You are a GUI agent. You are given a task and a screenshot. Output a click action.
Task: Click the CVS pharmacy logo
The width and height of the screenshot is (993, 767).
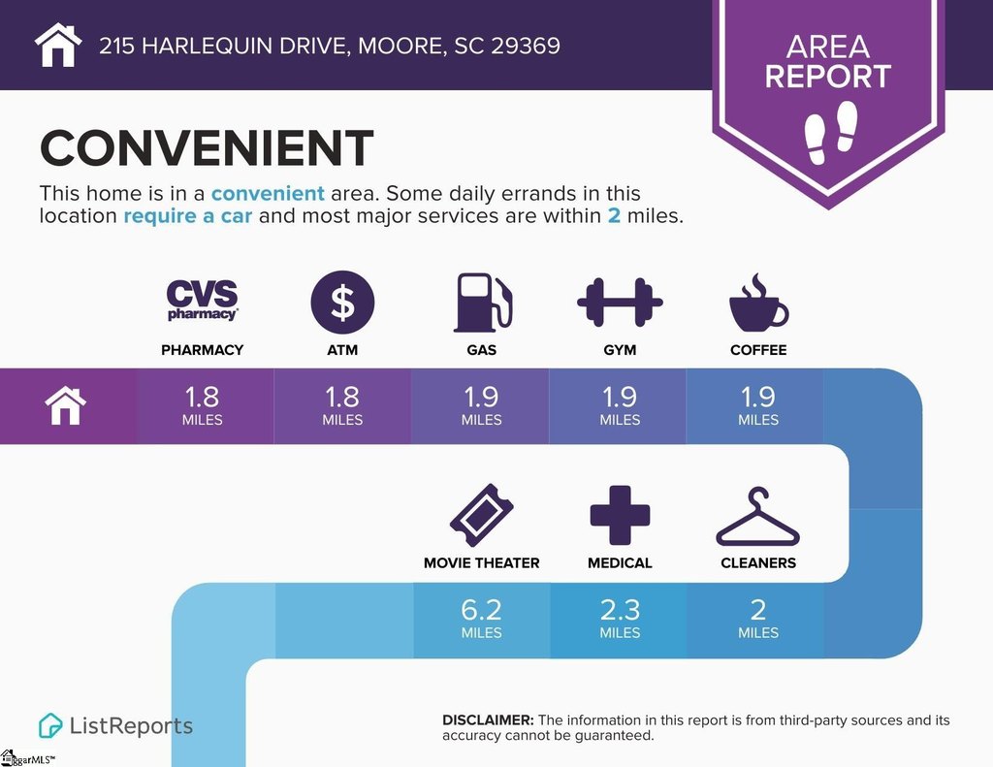pyautogui.click(x=202, y=301)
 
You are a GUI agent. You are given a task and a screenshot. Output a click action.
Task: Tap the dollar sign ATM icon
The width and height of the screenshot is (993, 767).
pyautogui.click(x=342, y=303)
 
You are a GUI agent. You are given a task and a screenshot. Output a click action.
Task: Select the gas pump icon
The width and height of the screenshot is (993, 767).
pyautogui.click(x=483, y=303)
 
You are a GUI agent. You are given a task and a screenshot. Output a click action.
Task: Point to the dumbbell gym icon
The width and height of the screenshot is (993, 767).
pyautogui.click(x=620, y=303)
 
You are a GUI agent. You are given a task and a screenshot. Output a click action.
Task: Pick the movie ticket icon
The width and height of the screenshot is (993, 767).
pyautogui.click(x=481, y=515)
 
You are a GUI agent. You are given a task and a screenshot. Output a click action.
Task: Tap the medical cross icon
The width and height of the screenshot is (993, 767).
pyautogui.click(x=620, y=515)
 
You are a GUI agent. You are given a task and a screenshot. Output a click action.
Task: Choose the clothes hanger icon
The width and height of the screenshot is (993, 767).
pyautogui.click(x=758, y=517)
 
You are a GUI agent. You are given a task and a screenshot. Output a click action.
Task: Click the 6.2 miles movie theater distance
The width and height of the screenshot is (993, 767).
pyautogui.click(x=481, y=619)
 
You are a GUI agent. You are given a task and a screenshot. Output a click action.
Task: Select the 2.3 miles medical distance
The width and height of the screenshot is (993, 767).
pyautogui.click(x=620, y=619)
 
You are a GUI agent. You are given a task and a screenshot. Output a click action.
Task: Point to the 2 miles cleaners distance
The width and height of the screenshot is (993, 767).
pyautogui.click(x=758, y=619)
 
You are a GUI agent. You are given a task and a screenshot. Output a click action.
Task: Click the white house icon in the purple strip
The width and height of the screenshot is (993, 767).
pyautogui.click(x=66, y=406)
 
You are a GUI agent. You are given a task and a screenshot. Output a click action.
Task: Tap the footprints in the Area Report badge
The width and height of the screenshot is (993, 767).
pyautogui.click(x=831, y=132)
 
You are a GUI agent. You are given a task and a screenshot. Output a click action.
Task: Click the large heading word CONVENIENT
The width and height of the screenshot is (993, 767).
pyautogui.click(x=207, y=148)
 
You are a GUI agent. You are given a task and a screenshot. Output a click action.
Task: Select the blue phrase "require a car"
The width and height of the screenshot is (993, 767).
pyautogui.click(x=188, y=216)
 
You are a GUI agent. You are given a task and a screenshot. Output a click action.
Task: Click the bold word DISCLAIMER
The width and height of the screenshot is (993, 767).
pyautogui.click(x=489, y=720)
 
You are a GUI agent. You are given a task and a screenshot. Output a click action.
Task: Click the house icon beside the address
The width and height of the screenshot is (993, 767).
pyautogui.click(x=58, y=45)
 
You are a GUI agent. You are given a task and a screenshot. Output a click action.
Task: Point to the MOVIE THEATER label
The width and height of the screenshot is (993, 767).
pyautogui.click(x=481, y=563)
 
